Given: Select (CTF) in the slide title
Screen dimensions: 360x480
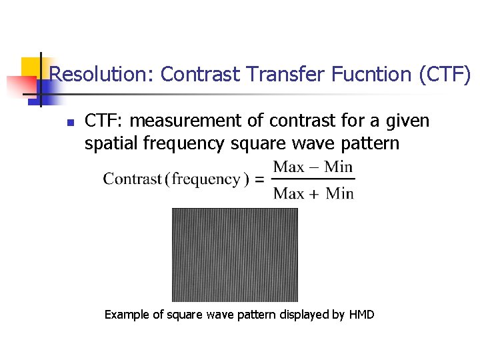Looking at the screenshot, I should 445,74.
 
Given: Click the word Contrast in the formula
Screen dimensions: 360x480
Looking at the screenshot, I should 133,179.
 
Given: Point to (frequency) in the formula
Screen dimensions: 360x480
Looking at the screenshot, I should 207,179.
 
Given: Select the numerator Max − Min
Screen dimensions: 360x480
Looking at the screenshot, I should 313,166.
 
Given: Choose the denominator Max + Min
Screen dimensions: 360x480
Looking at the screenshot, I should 313,193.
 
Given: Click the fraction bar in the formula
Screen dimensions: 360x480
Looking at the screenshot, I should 313,179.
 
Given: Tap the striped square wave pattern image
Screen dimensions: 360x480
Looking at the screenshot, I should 235,255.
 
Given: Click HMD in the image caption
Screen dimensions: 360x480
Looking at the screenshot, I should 362,314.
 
